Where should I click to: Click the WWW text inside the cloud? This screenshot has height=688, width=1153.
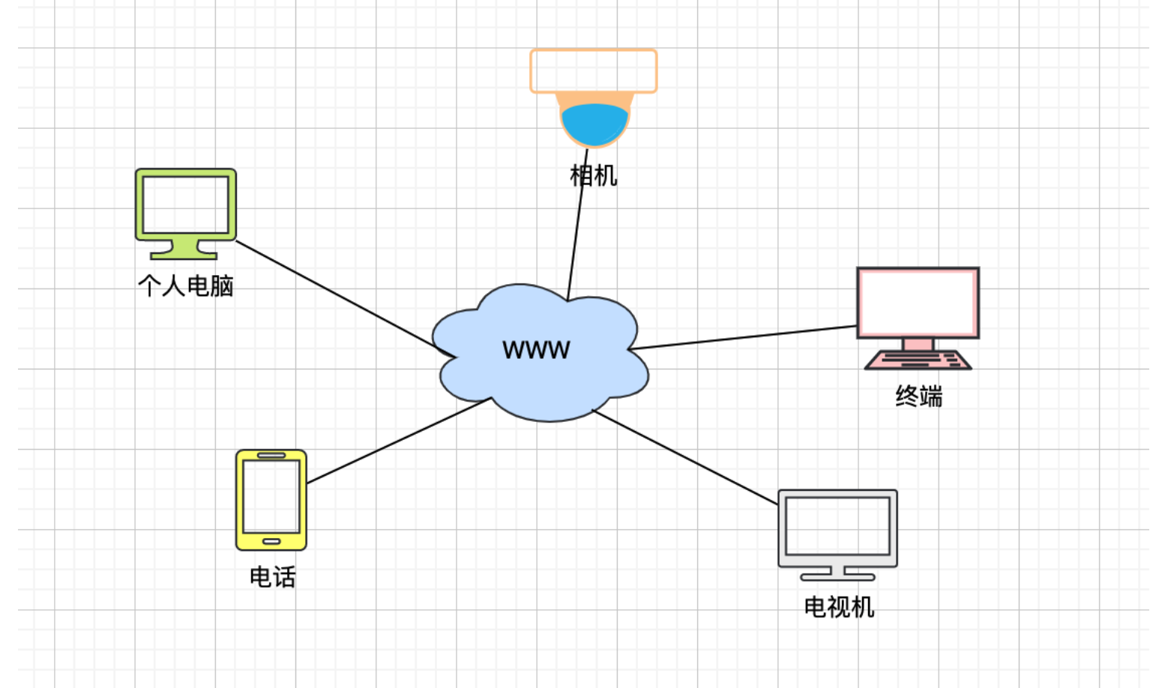pos(536,349)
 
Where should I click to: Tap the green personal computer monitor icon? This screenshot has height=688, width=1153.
pos(186,205)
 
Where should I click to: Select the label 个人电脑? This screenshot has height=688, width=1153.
pos(186,286)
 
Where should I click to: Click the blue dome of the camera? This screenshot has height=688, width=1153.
pos(594,124)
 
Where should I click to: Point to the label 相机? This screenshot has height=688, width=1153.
pos(594,175)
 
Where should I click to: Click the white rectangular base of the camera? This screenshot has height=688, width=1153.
pos(594,71)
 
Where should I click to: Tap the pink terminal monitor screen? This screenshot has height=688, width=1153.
pos(918,303)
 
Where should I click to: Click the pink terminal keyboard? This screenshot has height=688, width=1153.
pos(918,360)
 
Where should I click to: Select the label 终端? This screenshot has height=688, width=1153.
pos(918,396)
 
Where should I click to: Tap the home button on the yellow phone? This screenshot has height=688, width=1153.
pos(271,541)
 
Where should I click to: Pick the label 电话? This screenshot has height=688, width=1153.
pos(272,577)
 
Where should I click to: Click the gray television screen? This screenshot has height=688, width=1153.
pos(837,526)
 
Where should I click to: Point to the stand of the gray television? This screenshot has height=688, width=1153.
pos(837,574)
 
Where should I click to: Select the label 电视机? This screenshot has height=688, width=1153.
pos(839,606)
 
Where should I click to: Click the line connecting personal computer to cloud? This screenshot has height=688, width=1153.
pos(337,295)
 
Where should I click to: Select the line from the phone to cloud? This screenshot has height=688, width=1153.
pos(397,441)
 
